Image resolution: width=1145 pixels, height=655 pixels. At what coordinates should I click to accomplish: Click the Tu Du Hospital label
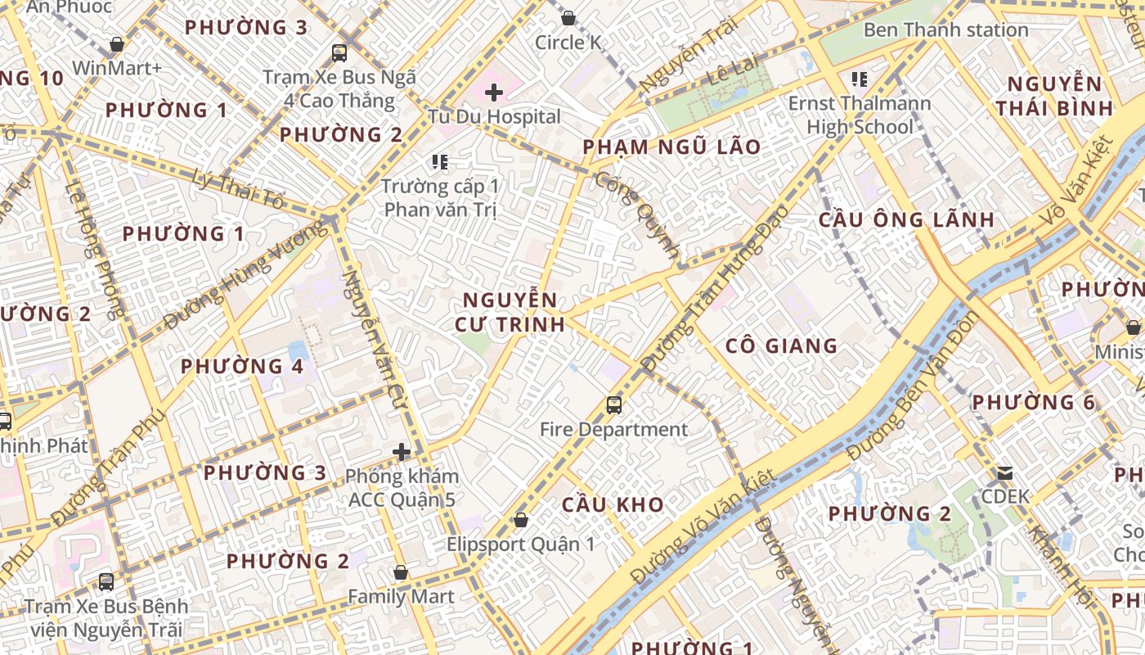pos(494,117)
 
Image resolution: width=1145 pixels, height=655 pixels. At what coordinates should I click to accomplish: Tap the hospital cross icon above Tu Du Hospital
pos(493,93)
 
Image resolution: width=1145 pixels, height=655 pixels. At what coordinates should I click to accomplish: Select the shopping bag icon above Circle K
pos(568,17)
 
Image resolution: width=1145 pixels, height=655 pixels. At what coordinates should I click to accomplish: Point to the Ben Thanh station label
pos(945,30)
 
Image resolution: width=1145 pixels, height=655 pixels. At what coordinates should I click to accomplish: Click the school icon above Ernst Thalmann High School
pos(859,79)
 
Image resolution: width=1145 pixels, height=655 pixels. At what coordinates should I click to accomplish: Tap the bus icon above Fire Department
pos(613,404)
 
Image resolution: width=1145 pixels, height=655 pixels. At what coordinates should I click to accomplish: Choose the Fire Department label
pos(613,429)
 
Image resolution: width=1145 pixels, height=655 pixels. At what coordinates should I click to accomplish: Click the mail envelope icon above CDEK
pos(1004,473)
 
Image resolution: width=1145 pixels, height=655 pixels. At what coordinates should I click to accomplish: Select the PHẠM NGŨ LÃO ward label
pos(671,147)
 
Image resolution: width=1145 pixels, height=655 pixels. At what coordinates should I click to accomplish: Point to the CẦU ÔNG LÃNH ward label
pos(906,219)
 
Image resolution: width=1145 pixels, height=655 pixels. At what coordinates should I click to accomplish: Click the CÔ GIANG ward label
pos(781,346)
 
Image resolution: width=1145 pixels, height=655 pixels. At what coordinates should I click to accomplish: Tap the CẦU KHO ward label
pos(613,504)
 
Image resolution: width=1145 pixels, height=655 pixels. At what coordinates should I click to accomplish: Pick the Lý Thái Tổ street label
pos(240,188)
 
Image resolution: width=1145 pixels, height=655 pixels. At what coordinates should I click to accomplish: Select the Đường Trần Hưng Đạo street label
pos(715,291)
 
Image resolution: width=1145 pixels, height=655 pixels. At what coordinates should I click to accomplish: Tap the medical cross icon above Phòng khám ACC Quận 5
pos(401,451)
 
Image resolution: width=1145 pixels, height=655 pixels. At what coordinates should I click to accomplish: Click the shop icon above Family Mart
pos(400,572)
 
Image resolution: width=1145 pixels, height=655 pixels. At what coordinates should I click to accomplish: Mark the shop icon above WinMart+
pos(117,44)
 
